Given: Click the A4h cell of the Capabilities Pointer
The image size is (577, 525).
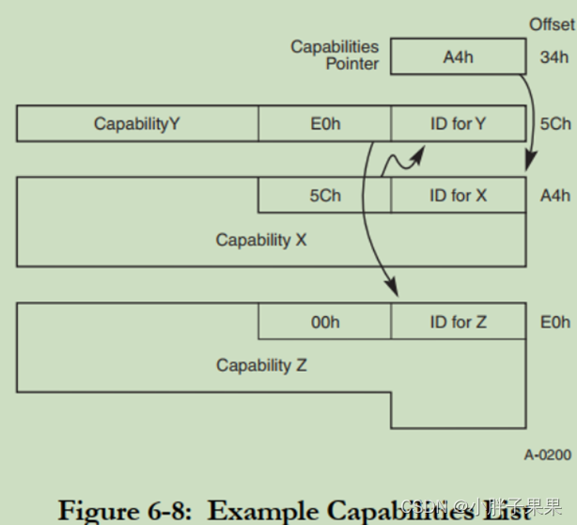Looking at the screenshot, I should [458, 56].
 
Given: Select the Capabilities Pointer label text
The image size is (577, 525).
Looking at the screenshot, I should [335, 56].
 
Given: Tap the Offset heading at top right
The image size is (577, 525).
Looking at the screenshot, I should [552, 24].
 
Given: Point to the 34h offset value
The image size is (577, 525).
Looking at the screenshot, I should [554, 57].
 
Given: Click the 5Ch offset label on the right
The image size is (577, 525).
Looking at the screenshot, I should [554, 124].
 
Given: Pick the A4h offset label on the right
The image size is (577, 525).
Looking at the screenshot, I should [554, 197].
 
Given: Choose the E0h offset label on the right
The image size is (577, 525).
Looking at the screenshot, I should [554, 322].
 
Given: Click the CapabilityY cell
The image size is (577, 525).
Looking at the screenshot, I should [137, 124].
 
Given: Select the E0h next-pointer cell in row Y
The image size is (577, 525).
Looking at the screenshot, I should [324, 124].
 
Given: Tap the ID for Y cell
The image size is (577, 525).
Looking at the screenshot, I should [458, 124].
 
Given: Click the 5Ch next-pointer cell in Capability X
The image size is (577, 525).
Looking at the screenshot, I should [324, 196].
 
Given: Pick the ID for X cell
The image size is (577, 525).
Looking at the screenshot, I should [458, 196].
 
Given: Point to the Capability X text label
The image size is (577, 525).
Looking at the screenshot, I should [261, 240].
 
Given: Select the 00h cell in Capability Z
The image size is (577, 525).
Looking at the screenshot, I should [324, 322].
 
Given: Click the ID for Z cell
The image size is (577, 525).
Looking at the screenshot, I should [458, 322].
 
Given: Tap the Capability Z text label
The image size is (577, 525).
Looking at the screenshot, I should [261, 365].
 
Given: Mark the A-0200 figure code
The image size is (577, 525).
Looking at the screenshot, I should [547, 455].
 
